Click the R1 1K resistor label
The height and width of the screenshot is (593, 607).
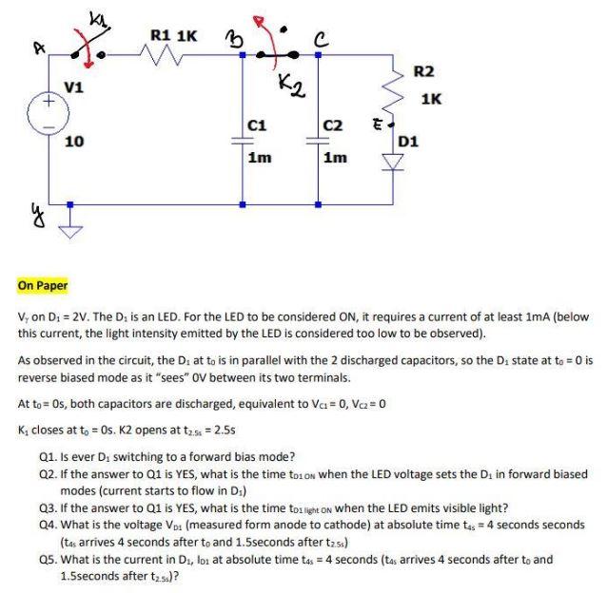pyautogui.click(x=173, y=37)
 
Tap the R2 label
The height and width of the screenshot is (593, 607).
pyautogui.click(x=424, y=71)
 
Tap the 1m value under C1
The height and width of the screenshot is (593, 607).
pyautogui.click(x=258, y=158)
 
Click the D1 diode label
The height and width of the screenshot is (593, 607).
pyautogui.click(x=409, y=142)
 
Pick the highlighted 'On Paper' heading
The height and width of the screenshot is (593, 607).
pyautogui.click(x=42, y=285)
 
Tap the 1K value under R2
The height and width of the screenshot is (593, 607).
pyautogui.click(x=431, y=98)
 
